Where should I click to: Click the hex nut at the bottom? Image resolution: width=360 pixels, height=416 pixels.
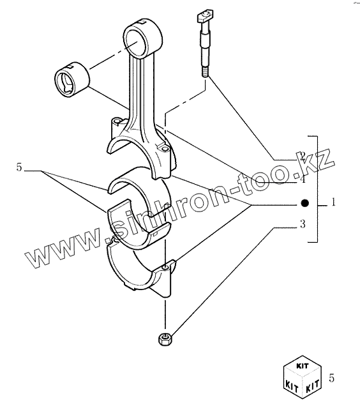[165, 339]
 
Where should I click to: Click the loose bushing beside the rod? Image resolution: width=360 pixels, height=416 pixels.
[72, 80]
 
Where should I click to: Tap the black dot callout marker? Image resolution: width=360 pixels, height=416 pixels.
[305, 203]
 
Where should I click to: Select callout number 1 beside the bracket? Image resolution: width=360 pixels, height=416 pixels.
[333, 202]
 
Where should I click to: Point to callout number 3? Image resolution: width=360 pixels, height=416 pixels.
[303, 224]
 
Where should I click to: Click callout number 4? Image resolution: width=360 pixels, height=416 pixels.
[303, 180]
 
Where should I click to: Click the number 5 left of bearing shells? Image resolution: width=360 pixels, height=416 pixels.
[19, 167]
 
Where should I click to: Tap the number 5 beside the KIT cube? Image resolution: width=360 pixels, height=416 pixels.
[332, 378]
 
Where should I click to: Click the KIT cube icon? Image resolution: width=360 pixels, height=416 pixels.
[303, 377]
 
